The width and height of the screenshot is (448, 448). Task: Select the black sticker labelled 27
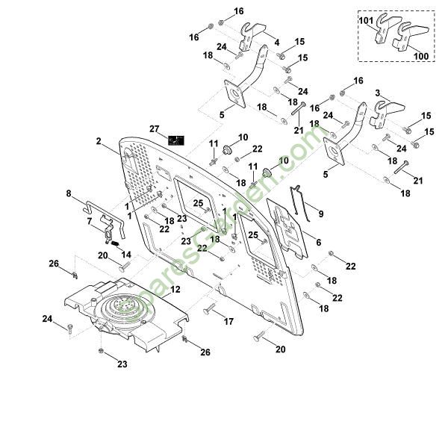click(176, 139)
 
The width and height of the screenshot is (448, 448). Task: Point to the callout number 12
click(175, 289)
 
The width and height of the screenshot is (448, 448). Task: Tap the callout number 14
click(126, 255)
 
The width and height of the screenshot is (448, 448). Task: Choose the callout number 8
click(69, 194)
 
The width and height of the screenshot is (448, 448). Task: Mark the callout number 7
click(90, 221)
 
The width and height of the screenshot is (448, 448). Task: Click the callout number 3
click(379, 93)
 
